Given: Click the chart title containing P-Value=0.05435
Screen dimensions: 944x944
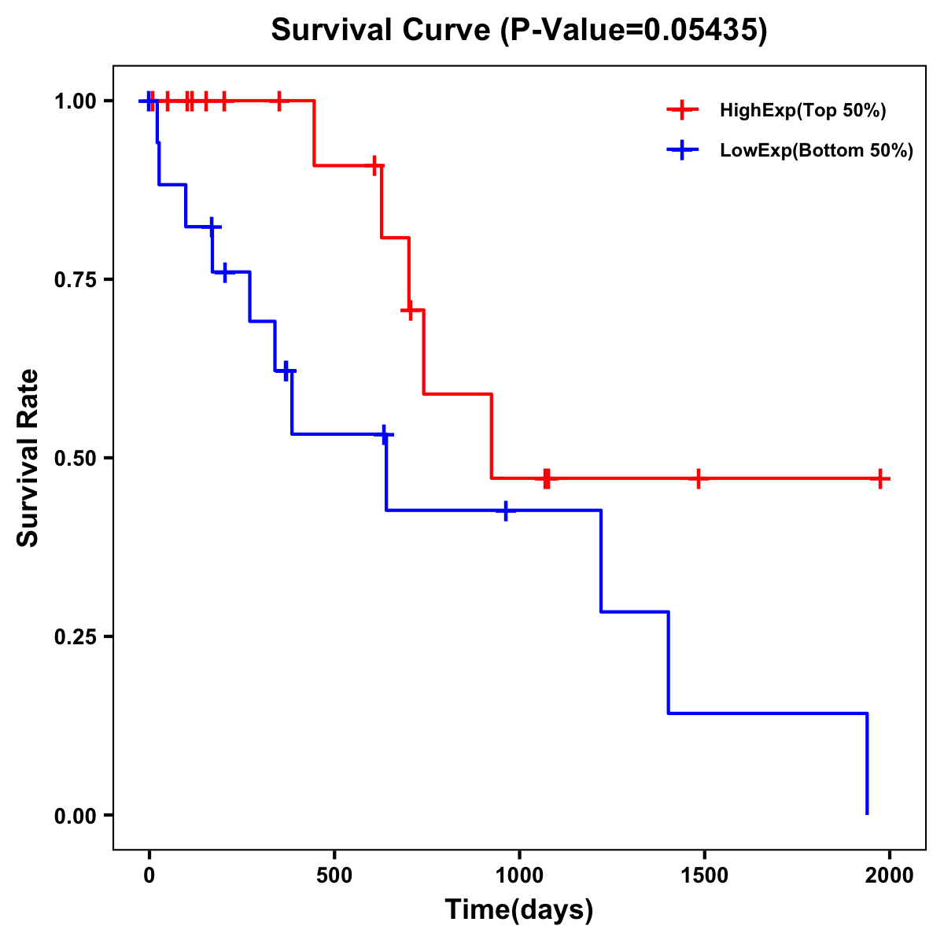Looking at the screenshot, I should [518, 31].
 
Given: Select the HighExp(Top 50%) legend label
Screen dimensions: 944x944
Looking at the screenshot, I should [802, 111].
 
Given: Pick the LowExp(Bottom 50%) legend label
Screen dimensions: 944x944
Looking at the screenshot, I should [816, 151].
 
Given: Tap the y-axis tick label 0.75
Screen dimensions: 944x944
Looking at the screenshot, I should [75, 280].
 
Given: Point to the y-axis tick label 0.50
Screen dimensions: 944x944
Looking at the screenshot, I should [75, 459].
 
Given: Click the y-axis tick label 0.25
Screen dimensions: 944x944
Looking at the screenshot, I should [75, 637].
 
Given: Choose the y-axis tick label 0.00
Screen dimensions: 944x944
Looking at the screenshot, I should [75, 816].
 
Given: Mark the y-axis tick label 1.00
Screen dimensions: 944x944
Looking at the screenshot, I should [75, 101].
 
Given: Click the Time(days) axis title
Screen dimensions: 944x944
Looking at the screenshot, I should [518, 910].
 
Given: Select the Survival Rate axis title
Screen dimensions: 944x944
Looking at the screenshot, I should [28, 458].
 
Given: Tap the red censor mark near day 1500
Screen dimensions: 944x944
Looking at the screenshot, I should [698, 478].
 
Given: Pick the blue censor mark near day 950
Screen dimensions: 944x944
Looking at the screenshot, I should [506, 511].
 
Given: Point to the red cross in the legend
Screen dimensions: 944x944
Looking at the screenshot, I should [681, 111].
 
